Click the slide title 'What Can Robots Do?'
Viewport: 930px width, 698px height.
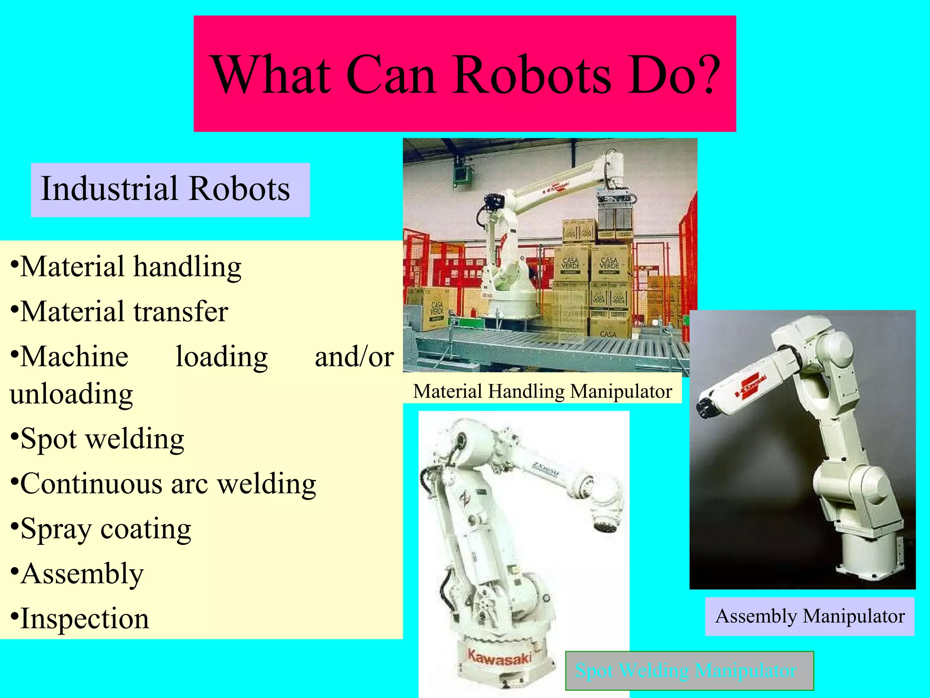tap(465, 74)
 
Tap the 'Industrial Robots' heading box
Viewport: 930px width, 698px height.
tap(166, 189)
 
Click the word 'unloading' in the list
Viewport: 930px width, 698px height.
tap(71, 394)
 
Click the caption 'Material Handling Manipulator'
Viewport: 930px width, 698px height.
tap(542, 392)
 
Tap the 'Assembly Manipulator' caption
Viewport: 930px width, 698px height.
tap(810, 617)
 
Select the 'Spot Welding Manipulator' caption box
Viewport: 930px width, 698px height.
tap(688, 671)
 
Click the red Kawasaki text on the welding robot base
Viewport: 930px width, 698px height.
tap(499, 658)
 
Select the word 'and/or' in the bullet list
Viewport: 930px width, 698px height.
tap(354, 357)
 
